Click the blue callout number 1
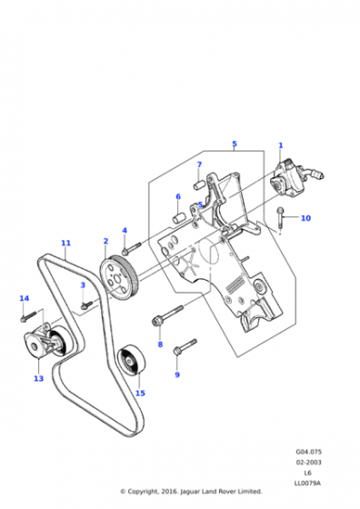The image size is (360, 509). (281, 145)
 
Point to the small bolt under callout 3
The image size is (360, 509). (86, 304)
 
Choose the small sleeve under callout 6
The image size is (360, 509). (178, 217)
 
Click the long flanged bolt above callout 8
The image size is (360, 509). (167, 314)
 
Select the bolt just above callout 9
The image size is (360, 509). (185, 346)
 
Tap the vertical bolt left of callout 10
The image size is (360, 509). (280, 217)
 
